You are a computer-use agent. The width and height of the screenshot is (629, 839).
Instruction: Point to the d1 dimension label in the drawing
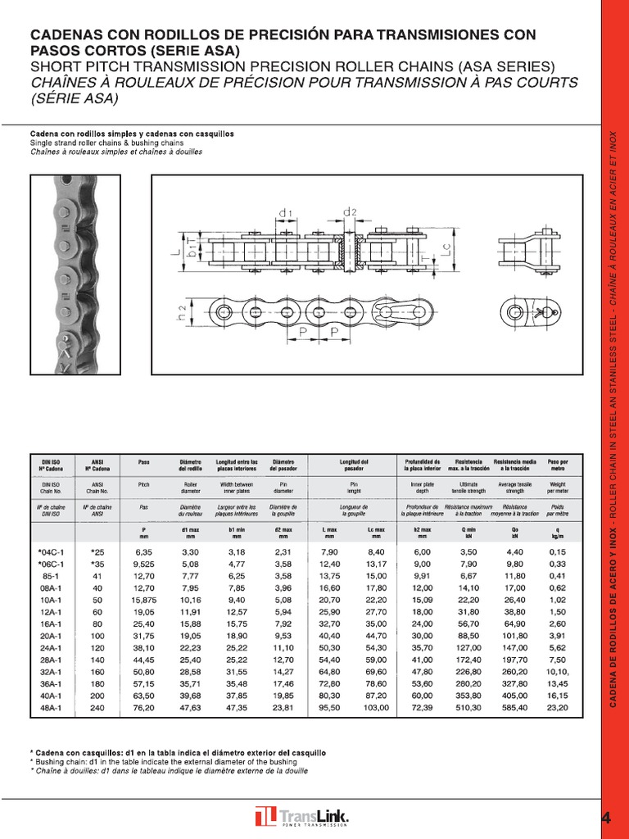pyautogui.click(x=285, y=213)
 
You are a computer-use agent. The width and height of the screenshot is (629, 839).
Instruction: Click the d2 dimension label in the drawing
pyautogui.click(x=350, y=212)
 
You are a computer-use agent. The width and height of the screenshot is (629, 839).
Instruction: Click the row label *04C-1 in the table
pyautogui.click(x=51, y=552)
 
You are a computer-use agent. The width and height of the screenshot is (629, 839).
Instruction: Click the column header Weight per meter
pyautogui.click(x=557, y=488)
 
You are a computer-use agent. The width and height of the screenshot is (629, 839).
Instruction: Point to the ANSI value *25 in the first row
pyautogui.click(x=97, y=552)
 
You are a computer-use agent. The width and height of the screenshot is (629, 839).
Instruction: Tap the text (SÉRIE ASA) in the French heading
pyautogui.click(x=75, y=99)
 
